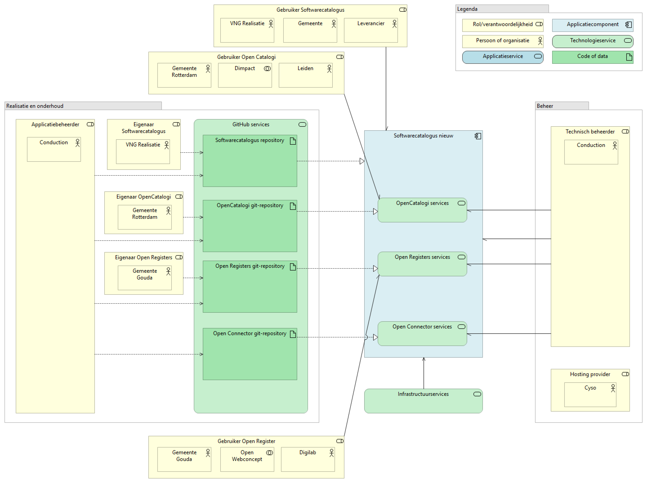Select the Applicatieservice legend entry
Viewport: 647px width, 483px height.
pyautogui.click(x=502, y=57)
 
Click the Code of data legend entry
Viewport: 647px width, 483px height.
pyautogui.click(x=592, y=57)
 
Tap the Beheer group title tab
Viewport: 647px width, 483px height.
pyautogui.click(x=562, y=106)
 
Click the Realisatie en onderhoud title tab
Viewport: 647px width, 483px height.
pyautogui.click(x=83, y=106)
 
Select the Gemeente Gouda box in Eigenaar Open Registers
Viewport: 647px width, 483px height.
pyautogui.click(x=145, y=277)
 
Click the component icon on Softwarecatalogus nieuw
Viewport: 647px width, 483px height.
pyautogui.click(x=478, y=136)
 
